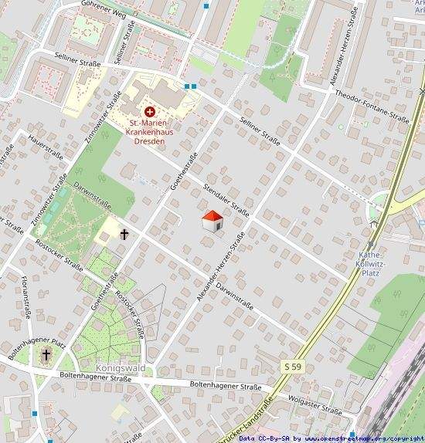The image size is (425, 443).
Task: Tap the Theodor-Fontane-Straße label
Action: coord(372,105)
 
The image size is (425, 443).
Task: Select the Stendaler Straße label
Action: coord(226,200)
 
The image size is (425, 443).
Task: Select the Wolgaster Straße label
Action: coord(314,406)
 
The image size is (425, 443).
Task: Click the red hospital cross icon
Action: coord(150,112)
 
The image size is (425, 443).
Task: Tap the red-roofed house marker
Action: coord(212,221)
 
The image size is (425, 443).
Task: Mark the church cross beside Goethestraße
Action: coord(124,233)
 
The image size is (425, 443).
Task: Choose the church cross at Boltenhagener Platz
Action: coord(46,354)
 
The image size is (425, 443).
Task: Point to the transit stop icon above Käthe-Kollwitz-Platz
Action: coord(376,225)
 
